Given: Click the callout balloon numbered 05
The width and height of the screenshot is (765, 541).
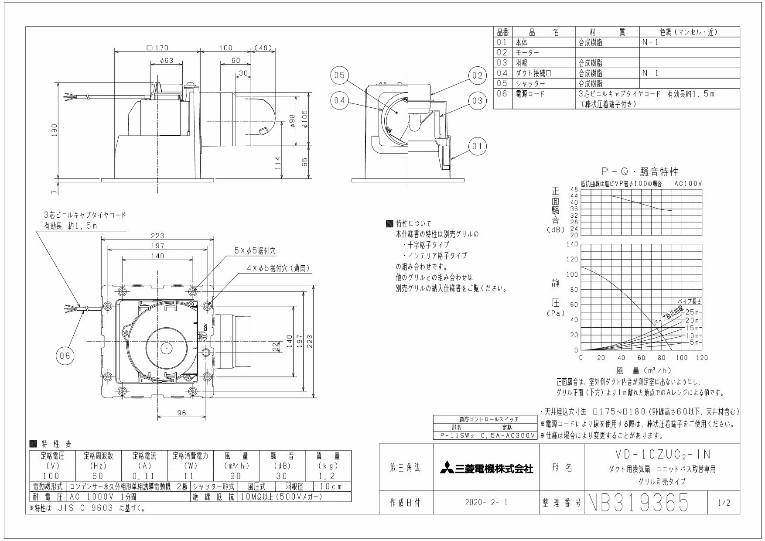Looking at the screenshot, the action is click(339, 75).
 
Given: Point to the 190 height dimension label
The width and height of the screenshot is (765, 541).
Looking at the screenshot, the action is click(55, 130).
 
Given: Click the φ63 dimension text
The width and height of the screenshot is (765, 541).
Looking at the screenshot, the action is click(167, 61).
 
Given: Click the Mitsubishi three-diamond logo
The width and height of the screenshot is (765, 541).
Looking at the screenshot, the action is click(447, 469).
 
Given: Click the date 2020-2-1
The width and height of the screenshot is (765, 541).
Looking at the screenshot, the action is click(486, 503).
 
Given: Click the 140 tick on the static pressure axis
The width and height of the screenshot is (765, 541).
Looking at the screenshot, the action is click(572, 244).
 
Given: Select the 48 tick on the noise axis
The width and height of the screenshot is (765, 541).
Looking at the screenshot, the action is click(574, 189).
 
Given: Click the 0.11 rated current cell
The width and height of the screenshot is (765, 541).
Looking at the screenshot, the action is click(144, 476).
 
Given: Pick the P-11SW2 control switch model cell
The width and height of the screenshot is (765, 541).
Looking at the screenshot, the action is click(456, 435).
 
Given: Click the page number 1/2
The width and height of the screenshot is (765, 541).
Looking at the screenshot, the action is click(723, 503).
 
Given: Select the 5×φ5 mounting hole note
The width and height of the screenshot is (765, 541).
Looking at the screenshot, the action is click(255, 251).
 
